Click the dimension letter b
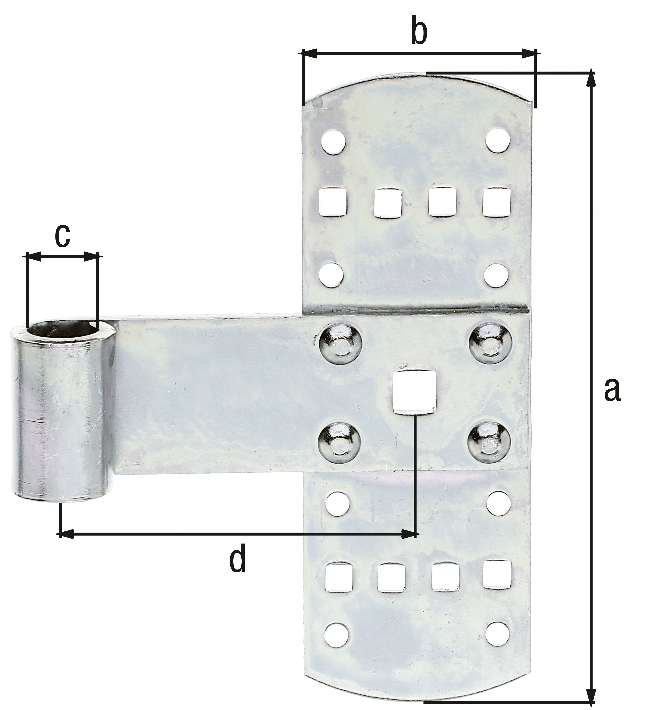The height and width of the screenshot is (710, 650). pos(419,33)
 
